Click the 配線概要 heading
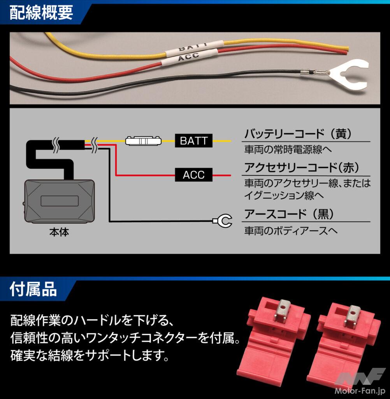coord(41,13)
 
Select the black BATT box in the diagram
coord(193,141)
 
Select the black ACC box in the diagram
coord(193,175)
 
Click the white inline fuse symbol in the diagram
coord(143,141)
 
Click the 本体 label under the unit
coord(59,233)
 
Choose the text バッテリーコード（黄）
coord(298,134)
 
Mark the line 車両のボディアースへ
coord(290,231)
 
